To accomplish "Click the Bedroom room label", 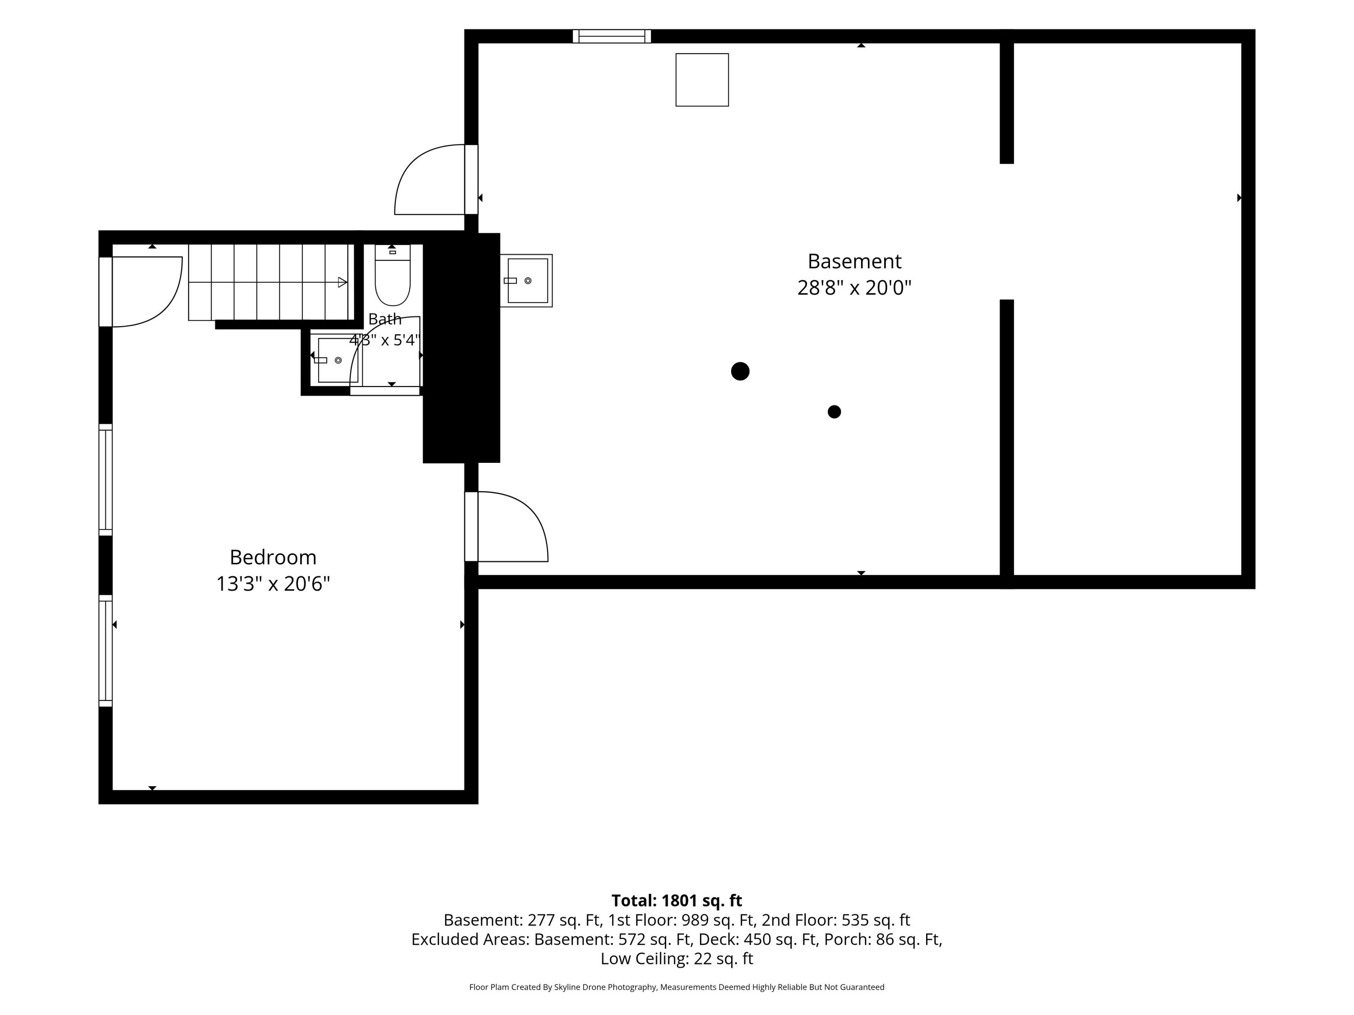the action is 273,558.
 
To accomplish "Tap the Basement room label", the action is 854,261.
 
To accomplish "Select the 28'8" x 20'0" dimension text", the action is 854,287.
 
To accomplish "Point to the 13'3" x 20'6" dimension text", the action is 273,584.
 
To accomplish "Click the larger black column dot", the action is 740,371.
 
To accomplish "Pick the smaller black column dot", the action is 835,412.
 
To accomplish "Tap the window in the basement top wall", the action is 612,36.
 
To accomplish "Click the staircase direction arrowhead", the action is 343,282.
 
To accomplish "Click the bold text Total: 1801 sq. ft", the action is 677,900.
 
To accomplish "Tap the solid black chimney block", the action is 462,348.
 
